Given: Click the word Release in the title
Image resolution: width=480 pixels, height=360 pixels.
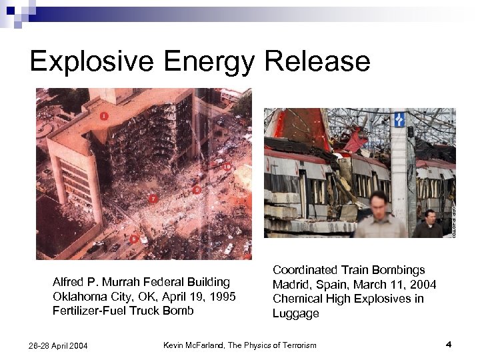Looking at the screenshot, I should click(317, 61).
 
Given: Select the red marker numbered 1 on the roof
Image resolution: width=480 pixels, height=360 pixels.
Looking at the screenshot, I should click(104, 116).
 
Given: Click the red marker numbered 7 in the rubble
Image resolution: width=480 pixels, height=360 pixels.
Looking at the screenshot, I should click(153, 199).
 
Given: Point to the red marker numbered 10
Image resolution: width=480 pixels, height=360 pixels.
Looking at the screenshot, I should click(227, 166).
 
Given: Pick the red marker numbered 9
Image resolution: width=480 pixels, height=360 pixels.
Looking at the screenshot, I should click(196, 190).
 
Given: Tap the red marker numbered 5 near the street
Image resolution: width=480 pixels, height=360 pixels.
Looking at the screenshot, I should click(133, 239).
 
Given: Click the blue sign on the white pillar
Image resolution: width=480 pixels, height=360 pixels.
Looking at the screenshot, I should click(399, 119).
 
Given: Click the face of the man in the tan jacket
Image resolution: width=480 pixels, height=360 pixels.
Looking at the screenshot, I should click(379, 202).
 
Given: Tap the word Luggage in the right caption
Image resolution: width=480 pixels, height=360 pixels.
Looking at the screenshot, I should click(295, 313).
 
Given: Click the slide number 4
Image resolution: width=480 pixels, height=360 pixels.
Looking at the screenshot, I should click(449, 344).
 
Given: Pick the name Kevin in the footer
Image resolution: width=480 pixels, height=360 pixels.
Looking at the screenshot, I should click(175, 344).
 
